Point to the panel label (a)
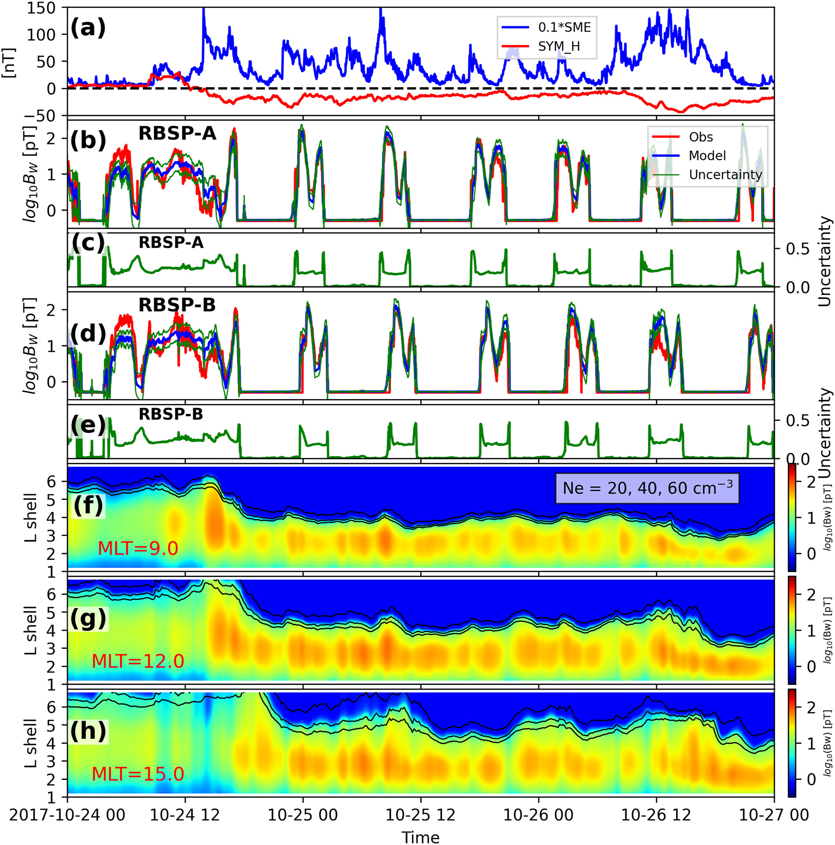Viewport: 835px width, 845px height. click(x=88, y=29)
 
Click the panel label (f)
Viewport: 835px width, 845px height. click(x=88, y=505)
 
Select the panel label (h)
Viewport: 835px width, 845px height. click(x=88, y=731)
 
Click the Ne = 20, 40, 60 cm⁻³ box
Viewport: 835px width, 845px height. click(x=647, y=488)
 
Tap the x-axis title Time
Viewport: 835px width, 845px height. click(x=420, y=836)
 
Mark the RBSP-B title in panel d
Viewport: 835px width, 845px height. click(x=177, y=305)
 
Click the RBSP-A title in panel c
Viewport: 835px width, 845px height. click(x=171, y=242)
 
